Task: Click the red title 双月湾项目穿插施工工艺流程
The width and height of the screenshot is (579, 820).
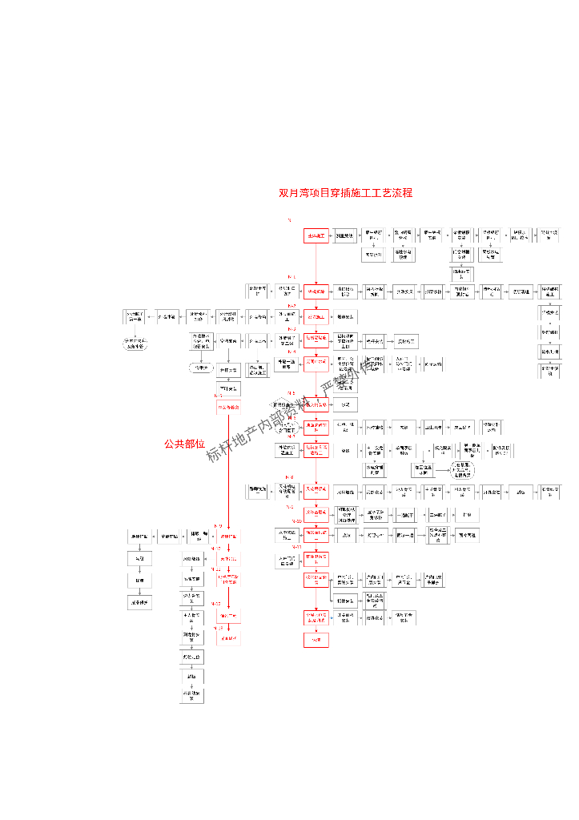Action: pyautogui.click(x=345, y=193)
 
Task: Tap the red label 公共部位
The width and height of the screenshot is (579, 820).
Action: pyautogui.click(x=184, y=443)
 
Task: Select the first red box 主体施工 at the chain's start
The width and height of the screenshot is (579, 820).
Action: pyautogui.click(x=316, y=235)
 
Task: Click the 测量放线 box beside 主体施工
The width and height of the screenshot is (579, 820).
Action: pyautogui.click(x=345, y=235)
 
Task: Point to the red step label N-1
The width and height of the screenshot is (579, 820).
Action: pyautogui.click(x=292, y=277)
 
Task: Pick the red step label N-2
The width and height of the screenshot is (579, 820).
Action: pyautogui.click(x=292, y=306)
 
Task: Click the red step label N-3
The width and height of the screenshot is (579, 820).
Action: pyautogui.click(x=292, y=329)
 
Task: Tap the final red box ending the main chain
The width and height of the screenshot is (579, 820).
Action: pyautogui.click(x=316, y=640)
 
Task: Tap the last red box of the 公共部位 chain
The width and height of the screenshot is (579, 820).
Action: pyautogui.click(x=228, y=638)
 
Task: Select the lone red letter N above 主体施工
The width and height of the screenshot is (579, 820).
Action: pyautogui.click(x=289, y=219)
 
